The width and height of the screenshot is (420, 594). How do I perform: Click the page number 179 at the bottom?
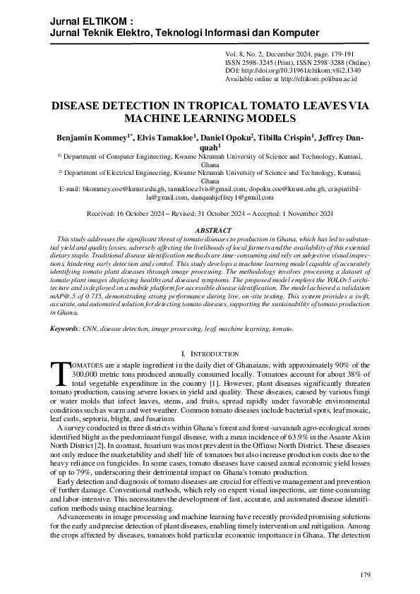tap(365, 576)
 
